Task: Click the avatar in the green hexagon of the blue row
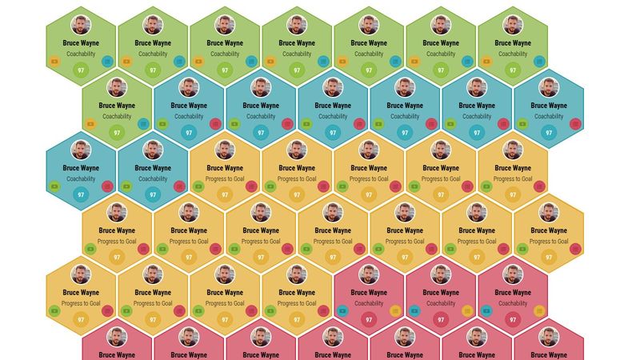[117, 87]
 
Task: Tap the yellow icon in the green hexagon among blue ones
[90, 123]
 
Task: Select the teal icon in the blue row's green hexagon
[143, 123]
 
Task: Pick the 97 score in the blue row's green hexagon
[117, 132]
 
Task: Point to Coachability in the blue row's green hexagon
[117, 117]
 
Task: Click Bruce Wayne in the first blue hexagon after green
[189, 106]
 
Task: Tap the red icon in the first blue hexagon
[215, 123]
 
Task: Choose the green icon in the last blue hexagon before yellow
[126, 186]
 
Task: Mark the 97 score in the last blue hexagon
[153, 194]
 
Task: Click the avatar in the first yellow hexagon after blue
[225, 150]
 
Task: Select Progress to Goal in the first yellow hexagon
[225, 179]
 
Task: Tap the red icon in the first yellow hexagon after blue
[251, 186]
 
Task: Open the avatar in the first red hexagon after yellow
[369, 274]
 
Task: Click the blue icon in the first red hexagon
[342, 310]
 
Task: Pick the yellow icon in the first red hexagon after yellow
[395, 310]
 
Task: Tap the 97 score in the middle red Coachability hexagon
[441, 319]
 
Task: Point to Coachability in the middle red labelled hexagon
[441, 304]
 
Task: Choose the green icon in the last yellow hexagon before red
[270, 310]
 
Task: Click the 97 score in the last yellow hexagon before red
[297, 319]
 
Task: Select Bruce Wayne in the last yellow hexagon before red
[297, 293]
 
